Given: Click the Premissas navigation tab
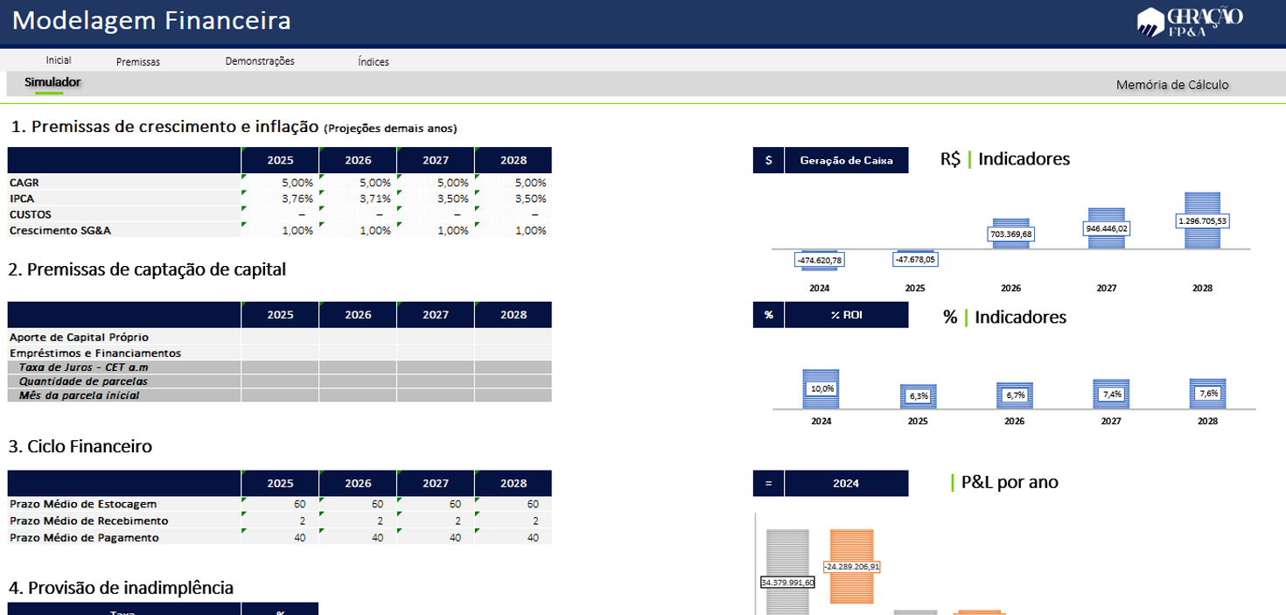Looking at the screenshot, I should (x=138, y=62).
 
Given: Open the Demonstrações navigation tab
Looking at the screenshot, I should (x=260, y=61).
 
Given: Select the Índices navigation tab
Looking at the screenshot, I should (x=374, y=62).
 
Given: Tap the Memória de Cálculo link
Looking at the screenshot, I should (x=1171, y=85).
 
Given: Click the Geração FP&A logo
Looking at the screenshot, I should (x=1189, y=21).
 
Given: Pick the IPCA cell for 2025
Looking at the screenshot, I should (x=280, y=199).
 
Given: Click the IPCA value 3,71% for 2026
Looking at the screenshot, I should (x=358, y=199).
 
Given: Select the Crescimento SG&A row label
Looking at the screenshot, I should (x=60, y=231).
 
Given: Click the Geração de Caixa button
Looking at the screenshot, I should (x=846, y=160).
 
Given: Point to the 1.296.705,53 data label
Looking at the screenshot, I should (x=1203, y=220).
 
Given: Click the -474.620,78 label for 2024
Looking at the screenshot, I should (x=820, y=260).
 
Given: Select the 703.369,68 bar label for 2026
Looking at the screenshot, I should (x=1010, y=234).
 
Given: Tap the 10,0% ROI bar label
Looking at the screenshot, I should (x=821, y=388).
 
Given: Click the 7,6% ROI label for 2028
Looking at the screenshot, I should (x=1207, y=394).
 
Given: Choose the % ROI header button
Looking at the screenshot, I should (x=846, y=315).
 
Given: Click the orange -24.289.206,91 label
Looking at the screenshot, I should (x=851, y=566).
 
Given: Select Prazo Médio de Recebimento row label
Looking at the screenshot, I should (x=88, y=521).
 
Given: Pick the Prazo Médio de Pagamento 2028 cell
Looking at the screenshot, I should (x=514, y=537).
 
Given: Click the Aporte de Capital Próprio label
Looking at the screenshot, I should (x=79, y=337).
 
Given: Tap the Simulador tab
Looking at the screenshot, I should (x=52, y=82).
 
